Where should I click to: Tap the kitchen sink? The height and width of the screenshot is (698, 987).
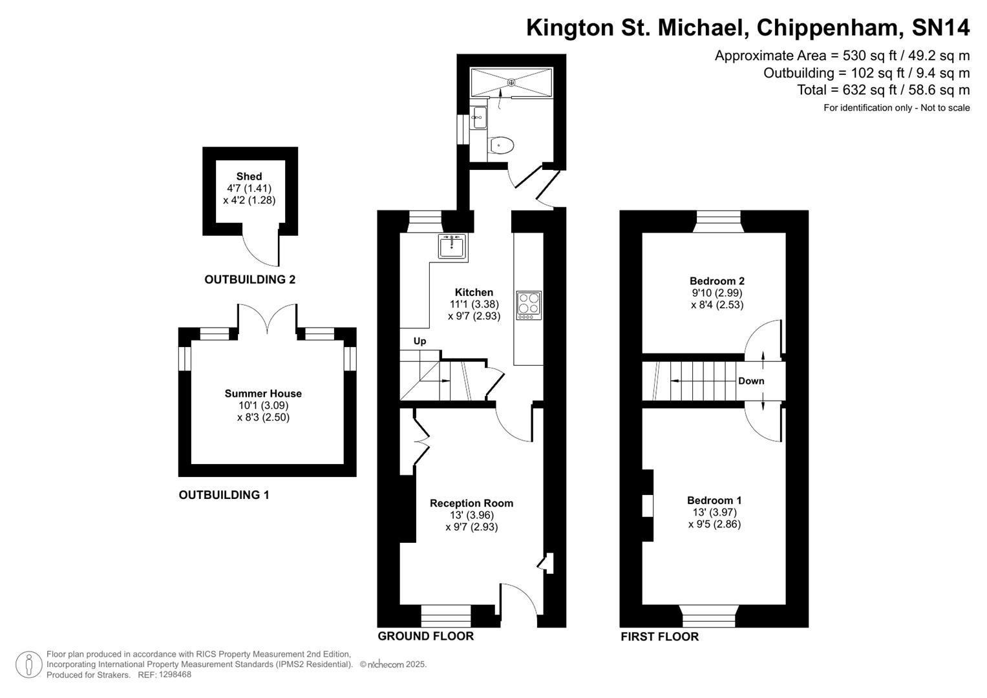tap(452, 246)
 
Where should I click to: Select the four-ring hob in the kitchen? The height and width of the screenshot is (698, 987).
tap(529, 305)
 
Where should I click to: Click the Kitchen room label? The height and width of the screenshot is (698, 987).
tap(474, 292)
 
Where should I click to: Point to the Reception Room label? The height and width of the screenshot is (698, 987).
tap(471, 503)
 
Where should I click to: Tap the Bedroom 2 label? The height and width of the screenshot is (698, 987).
tap(717, 280)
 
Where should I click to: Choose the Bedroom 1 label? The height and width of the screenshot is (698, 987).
tap(714, 500)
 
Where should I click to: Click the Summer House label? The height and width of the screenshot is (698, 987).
tap(263, 393)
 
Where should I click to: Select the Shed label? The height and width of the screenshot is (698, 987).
tap(249, 176)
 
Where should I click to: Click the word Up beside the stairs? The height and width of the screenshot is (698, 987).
tap(419, 341)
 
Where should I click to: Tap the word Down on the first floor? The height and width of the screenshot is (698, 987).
tap(751, 381)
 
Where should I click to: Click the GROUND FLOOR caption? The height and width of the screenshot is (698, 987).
tap(425, 636)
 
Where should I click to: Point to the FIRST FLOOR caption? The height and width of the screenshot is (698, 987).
tap(659, 637)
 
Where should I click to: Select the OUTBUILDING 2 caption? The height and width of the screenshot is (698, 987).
tap(249, 279)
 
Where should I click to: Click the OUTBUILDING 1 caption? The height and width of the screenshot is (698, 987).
tap(224, 495)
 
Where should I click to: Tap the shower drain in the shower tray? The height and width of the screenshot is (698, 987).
tap(511, 82)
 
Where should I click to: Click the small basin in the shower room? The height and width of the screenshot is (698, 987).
tap(478, 118)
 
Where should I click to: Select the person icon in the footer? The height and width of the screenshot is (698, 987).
tap(28, 664)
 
